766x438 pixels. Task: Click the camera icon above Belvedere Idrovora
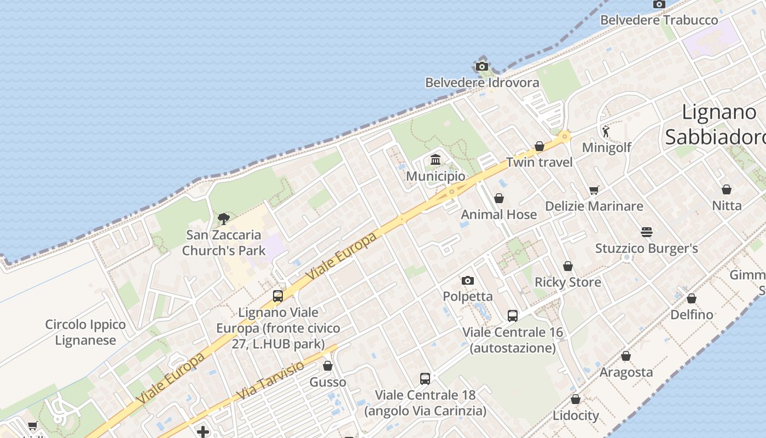click(482, 67)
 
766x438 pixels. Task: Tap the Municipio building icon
click(436, 160)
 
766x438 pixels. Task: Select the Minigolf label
click(607, 147)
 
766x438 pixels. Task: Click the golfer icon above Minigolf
click(606, 131)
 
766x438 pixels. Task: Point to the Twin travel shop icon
click(539, 146)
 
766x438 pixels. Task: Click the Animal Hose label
click(498, 215)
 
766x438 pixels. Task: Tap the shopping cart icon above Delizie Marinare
click(594, 191)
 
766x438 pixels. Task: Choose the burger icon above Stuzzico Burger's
click(647, 232)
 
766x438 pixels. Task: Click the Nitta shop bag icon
click(727, 190)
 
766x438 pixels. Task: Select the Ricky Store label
click(567, 283)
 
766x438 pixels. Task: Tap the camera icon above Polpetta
click(468, 281)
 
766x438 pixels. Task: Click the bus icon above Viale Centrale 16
click(513, 316)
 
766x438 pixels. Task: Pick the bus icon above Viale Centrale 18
click(425, 378)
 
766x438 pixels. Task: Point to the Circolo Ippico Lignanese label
click(85, 332)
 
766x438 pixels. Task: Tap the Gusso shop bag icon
click(328, 366)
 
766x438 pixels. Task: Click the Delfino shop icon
click(692, 299)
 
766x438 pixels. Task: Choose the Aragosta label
click(626, 372)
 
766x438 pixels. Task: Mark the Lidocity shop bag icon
click(576, 400)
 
